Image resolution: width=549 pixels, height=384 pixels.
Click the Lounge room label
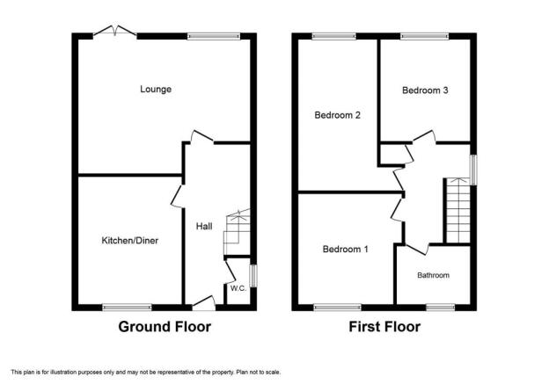[156, 89]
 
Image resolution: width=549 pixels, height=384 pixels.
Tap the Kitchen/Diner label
[130, 240]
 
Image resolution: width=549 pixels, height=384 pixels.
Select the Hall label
[204, 227]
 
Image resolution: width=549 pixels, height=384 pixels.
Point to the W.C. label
[238, 288]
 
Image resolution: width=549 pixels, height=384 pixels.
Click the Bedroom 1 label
[345, 249]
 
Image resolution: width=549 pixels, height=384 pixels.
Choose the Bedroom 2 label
[338, 115]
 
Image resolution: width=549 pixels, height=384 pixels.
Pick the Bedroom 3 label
[425, 91]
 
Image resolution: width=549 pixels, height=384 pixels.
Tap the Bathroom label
[433, 275]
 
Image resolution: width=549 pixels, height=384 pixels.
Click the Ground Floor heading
[165, 327]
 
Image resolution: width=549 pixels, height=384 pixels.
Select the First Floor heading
[384, 327]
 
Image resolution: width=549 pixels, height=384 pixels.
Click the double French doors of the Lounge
[115, 31]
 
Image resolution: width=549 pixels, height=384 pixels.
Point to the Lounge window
[214, 36]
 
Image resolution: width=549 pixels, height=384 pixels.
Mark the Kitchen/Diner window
[127, 308]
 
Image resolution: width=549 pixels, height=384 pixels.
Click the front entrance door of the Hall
[204, 303]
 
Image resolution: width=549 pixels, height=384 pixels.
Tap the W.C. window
[253, 276]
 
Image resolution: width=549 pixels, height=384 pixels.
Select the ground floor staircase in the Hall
[237, 232]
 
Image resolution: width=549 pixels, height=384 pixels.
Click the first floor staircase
[458, 210]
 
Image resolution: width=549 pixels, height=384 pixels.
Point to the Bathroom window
[441, 308]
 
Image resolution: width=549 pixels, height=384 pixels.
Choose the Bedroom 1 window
[337, 308]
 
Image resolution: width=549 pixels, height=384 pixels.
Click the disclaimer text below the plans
[146, 372]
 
